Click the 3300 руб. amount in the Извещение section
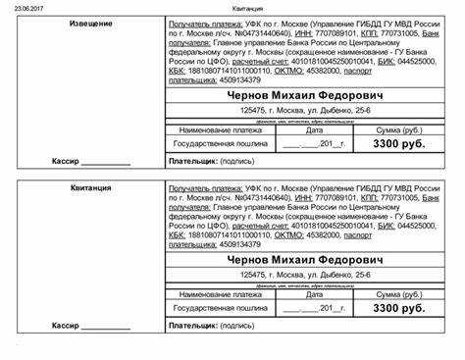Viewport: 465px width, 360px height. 398,143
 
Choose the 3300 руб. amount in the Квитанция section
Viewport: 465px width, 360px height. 398,308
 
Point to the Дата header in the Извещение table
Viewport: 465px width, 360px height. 314,129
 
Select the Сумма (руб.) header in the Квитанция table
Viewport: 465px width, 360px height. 398,293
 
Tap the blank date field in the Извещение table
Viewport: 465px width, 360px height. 314,144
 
